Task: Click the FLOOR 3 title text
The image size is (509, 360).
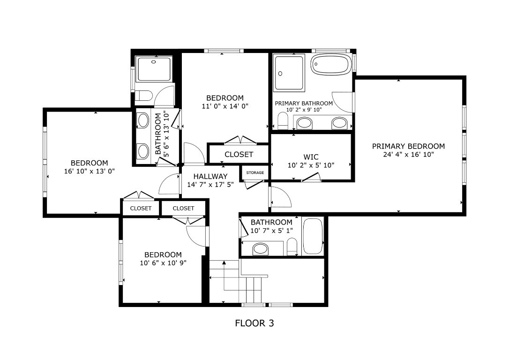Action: [254, 323]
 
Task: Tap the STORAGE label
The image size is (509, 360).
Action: [255, 173]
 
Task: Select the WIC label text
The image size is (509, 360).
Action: [311, 157]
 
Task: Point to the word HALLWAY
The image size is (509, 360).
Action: [210, 176]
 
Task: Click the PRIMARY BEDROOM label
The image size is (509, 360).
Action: [408, 146]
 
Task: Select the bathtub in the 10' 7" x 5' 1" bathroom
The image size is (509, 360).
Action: [313, 237]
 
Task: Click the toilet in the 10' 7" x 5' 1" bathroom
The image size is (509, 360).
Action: [292, 247]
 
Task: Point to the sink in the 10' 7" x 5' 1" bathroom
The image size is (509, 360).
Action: [261, 249]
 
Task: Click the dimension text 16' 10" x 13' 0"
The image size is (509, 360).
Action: [89, 172]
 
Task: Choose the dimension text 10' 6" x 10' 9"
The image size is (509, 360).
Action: [163, 263]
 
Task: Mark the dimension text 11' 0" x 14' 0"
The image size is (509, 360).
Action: [225, 106]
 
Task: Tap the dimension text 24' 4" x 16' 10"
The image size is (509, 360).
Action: [408, 154]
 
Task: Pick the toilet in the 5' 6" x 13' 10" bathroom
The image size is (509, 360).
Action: [144, 96]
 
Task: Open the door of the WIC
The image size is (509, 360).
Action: [311, 177]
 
